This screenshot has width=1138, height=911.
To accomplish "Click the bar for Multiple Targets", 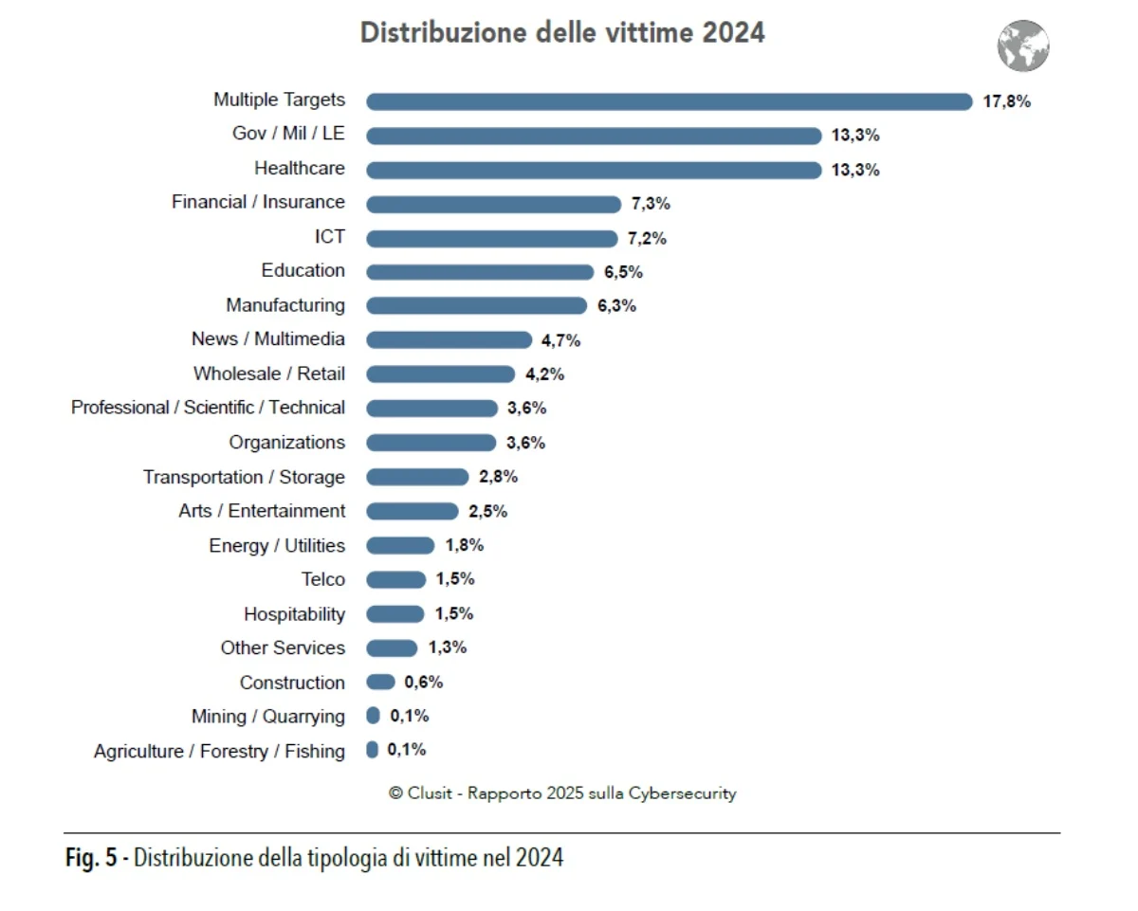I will click(x=669, y=101).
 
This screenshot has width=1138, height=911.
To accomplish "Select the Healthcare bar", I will click(x=594, y=170).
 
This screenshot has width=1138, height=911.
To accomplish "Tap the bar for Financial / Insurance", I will click(x=492, y=204).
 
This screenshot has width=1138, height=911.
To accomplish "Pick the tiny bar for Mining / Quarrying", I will click(x=373, y=716).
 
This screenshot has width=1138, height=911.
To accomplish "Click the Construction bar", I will click(x=380, y=682).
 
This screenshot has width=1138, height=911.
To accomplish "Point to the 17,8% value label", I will click(x=1006, y=101).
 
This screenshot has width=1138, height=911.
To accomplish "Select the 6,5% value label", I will click(x=623, y=272).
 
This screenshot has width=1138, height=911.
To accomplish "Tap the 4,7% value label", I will click(x=561, y=340).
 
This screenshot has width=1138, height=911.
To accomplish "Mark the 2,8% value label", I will click(x=498, y=477).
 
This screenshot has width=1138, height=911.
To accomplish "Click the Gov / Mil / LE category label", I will click(x=288, y=134).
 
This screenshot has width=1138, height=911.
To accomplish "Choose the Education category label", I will click(x=303, y=270).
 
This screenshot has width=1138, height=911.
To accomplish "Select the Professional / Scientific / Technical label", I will click(x=208, y=408).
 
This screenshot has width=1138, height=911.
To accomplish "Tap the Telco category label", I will click(x=323, y=579).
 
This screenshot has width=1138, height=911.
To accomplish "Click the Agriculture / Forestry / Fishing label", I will click(x=219, y=751).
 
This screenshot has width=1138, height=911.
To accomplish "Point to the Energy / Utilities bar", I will click(x=399, y=545).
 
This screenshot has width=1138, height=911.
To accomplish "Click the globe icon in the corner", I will click(x=1023, y=46).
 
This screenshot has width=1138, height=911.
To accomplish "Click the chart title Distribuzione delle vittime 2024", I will click(x=562, y=33).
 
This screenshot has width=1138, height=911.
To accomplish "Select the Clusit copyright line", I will click(x=562, y=793).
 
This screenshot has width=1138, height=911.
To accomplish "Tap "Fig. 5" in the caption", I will click(x=91, y=859).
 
